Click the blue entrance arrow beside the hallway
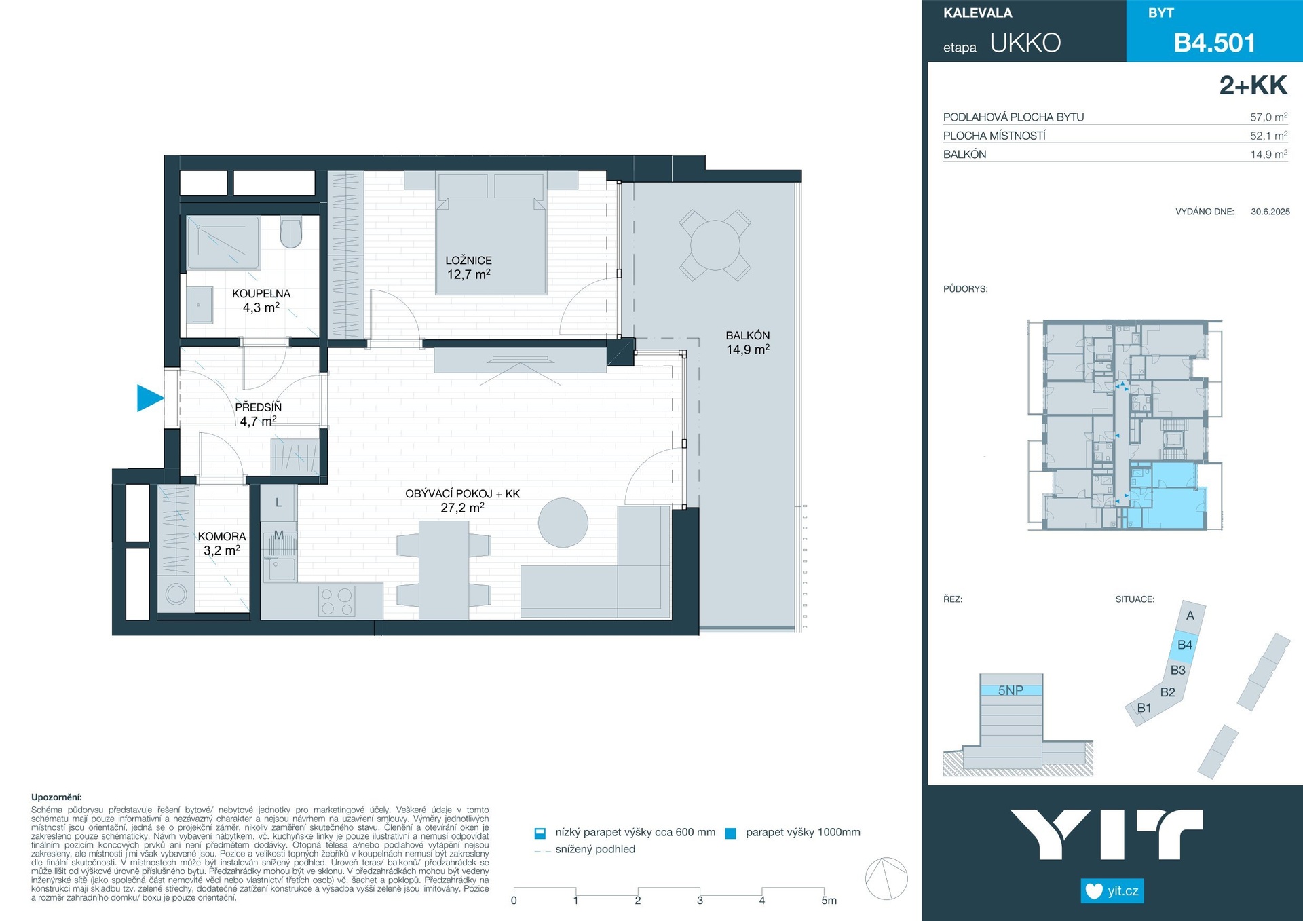coord(149,398)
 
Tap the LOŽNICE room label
coord(468,260)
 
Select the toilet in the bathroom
coord(291,232)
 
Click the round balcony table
coord(715,245)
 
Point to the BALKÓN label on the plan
coord(748,335)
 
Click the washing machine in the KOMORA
coord(176,595)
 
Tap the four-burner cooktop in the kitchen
coord(337,601)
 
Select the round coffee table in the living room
coord(563,523)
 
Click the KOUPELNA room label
coord(261,293)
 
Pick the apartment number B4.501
coord(1215,43)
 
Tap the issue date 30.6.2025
coord(1270,212)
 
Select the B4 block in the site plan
coord(1185,645)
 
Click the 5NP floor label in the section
coord(1011,690)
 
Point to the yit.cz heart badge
coord(1112,890)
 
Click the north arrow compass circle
coord(886,878)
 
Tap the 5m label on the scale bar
coord(829,901)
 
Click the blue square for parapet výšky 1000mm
coord(731,833)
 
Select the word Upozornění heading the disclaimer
coord(56,797)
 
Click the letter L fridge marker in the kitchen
coord(278,503)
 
